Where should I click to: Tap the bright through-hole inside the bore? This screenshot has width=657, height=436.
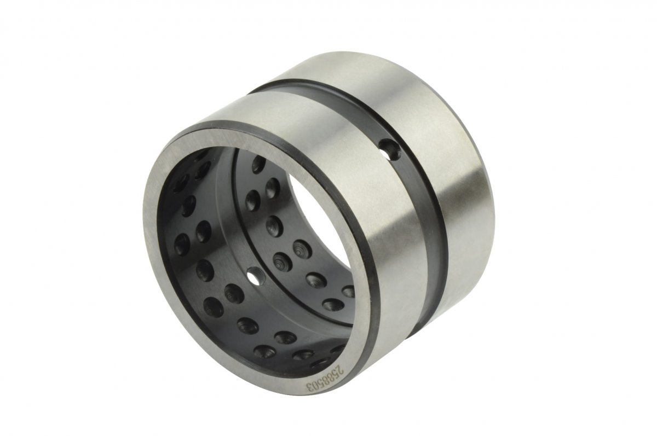(254, 276)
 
